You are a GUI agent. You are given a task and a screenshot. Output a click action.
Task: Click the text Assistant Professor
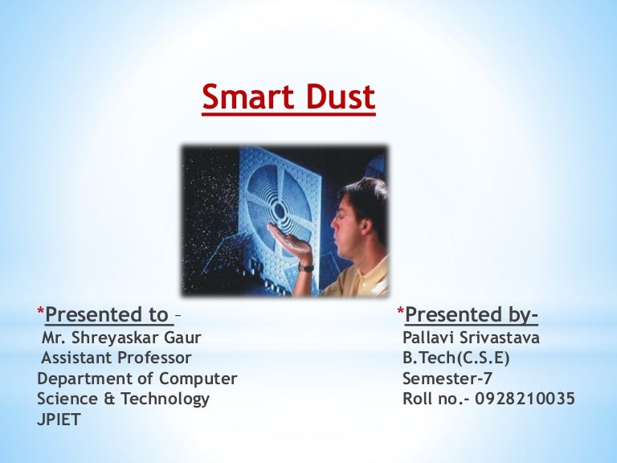pyautogui.click(x=116, y=358)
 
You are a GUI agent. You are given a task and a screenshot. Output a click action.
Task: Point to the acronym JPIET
pyautogui.click(x=59, y=419)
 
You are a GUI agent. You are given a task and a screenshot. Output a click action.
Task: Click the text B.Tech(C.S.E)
pyautogui.click(x=456, y=358)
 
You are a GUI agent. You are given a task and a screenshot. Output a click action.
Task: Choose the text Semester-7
pyautogui.click(x=447, y=378)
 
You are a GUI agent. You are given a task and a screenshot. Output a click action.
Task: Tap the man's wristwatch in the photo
pyautogui.click(x=306, y=266)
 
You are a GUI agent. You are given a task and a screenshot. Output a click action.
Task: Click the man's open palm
pyautogui.click(x=286, y=236)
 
